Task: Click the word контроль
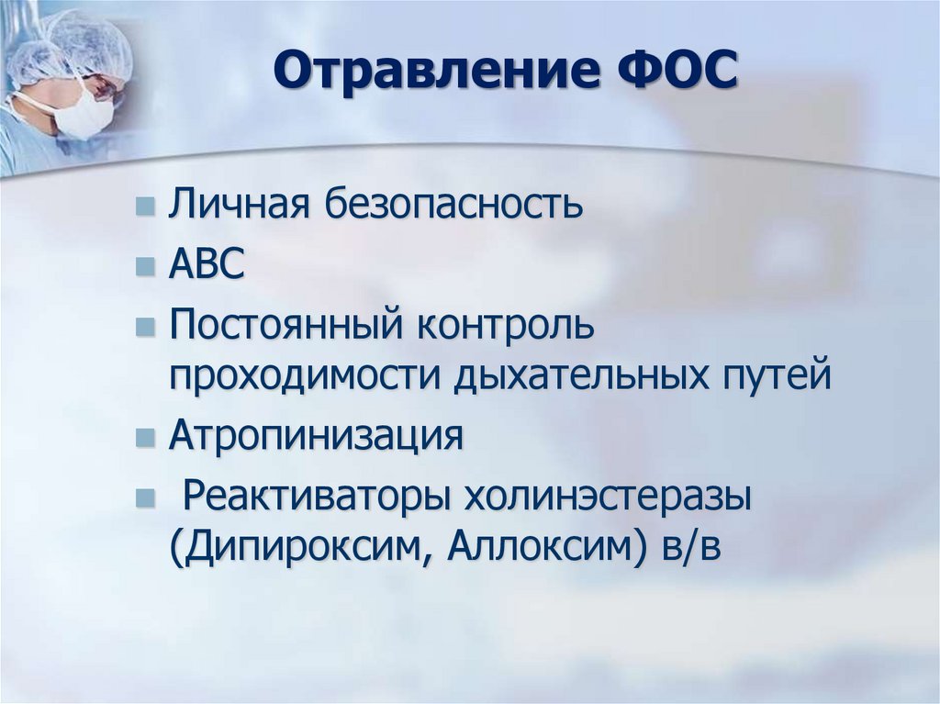tap(508, 327)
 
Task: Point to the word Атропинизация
tap(316, 436)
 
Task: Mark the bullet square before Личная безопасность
tap(144, 207)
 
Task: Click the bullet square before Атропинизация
tap(144, 438)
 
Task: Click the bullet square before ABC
tap(144, 267)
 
